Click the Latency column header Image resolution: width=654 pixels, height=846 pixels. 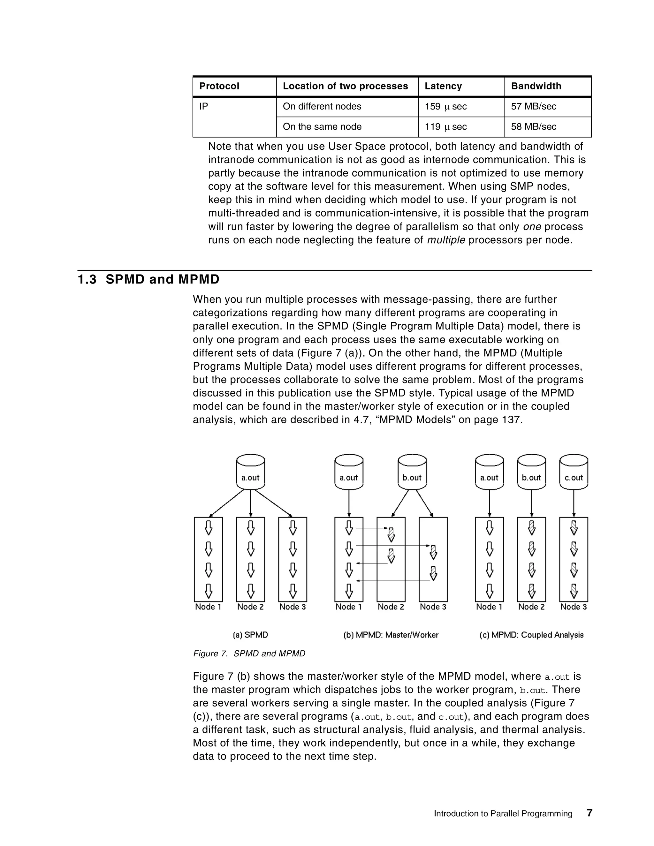tap(443, 86)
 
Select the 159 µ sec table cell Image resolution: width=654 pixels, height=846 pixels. tap(445, 107)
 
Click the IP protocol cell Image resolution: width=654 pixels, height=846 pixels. tap(204, 107)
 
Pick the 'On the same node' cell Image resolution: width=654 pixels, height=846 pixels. tap(322, 127)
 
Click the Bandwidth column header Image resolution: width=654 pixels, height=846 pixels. tap(536, 86)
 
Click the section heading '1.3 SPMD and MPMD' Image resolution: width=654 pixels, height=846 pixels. tap(148, 279)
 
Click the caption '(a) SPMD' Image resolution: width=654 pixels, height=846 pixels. tap(250, 635)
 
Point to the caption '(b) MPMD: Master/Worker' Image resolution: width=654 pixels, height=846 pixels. tap(391, 635)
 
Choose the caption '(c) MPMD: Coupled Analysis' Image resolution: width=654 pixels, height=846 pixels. tap(531, 635)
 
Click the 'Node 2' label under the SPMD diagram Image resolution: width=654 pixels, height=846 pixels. tap(250, 607)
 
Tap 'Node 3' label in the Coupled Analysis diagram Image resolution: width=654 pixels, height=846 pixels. tap(574, 607)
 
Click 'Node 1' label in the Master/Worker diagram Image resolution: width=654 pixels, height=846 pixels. tap(349, 607)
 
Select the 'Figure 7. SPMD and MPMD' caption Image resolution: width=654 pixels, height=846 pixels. tap(249, 653)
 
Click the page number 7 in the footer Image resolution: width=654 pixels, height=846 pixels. tap(589, 813)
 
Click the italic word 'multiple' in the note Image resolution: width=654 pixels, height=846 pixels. tap(446, 240)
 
